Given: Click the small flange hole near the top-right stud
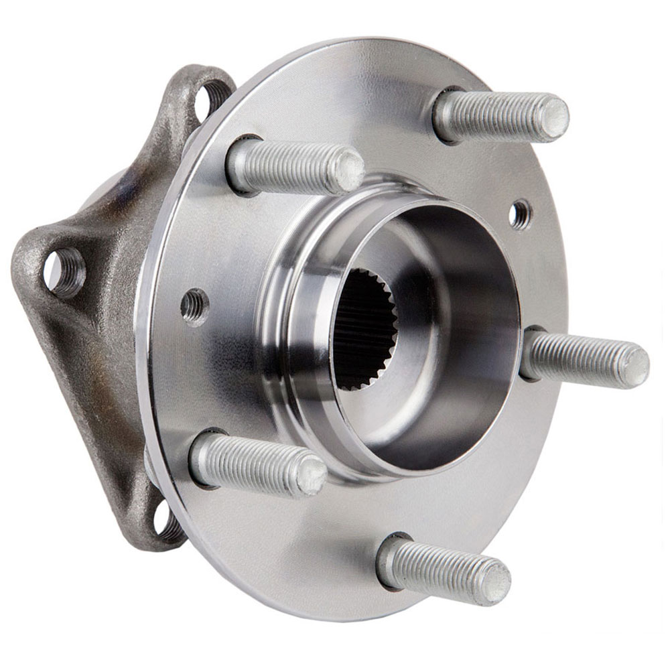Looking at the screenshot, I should click(519, 214).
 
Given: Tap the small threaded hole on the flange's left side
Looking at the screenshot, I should click(195, 306).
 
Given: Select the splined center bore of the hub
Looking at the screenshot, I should click(365, 328).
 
